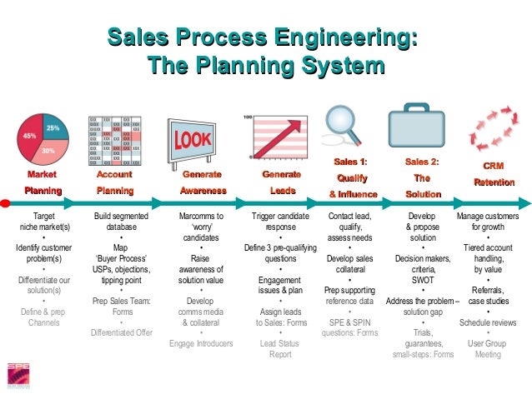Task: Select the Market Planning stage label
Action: pyautogui.click(x=43, y=183)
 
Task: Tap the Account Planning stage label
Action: pyautogui.click(x=114, y=183)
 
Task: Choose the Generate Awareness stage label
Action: pyautogui.click(x=203, y=183)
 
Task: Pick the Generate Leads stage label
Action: pyautogui.click(x=281, y=183)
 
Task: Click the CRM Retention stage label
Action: pyautogui.click(x=494, y=174)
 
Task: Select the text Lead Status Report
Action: pyautogui.click(x=280, y=348)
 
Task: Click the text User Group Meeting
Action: pyautogui.click(x=488, y=348)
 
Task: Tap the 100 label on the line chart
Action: pyautogui.click(x=248, y=118)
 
